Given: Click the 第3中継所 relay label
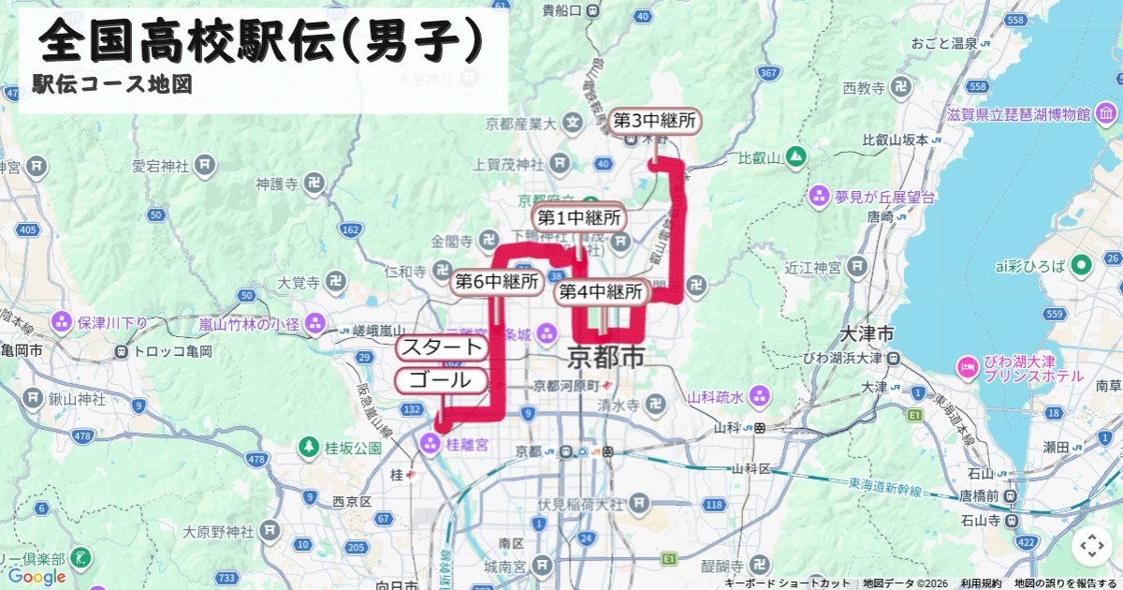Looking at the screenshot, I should pyautogui.click(x=655, y=121).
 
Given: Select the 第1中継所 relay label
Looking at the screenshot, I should pyautogui.click(x=579, y=218).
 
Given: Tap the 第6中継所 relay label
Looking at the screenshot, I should pyautogui.click(x=497, y=281).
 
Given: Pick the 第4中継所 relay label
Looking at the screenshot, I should pyautogui.click(x=602, y=292).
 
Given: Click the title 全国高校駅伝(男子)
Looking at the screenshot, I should pyautogui.click(x=262, y=40).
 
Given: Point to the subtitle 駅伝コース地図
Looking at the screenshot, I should pyautogui.click(x=112, y=84).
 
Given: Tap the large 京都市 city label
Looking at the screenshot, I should pyautogui.click(x=606, y=358).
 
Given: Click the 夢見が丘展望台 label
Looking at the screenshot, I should pyautogui.click(x=885, y=197).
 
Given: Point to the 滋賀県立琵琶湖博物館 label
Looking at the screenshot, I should pyautogui.click(x=1018, y=115).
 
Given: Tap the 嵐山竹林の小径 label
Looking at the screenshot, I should pyautogui.click(x=249, y=324).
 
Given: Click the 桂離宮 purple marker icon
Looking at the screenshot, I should pyautogui.click(x=430, y=443).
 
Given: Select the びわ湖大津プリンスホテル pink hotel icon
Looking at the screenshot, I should pyautogui.click(x=967, y=364).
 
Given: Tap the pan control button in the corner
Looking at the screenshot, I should pyautogui.click(x=1091, y=546).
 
